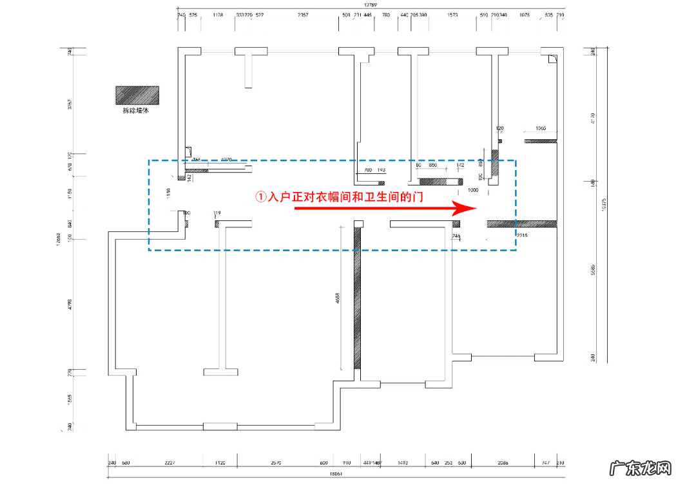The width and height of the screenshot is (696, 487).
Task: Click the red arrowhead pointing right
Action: pyautogui.click(x=465, y=208)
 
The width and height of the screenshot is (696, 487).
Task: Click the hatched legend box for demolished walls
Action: pyautogui.click(x=137, y=95)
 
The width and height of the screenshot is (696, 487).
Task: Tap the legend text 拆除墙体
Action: pyautogui.click(x=136, y=111)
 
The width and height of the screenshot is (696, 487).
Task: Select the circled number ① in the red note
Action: pyautogui.click(x=260, y=196)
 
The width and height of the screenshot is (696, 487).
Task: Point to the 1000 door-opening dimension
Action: pyautogui.click(x=472, y=190)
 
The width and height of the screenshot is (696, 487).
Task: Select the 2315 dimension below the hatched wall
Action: pyautogui.click(x=521, y=236)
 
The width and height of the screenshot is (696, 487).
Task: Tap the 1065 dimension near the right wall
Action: pyautogui.click(x=541, y=128)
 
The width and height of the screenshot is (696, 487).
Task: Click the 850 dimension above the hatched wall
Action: pyautogui.click(x=433, y=166)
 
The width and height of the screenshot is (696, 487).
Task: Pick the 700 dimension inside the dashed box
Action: pyautogui.click(x=368, y=170)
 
